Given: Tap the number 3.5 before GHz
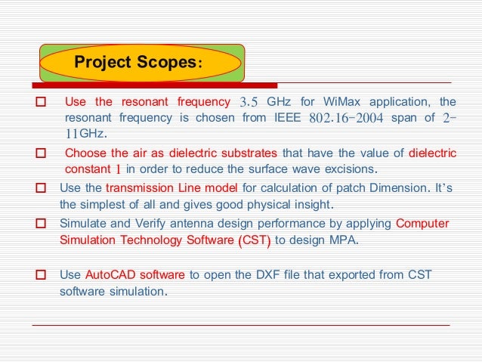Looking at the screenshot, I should click(249, 102).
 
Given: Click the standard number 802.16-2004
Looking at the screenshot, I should click(347, 118).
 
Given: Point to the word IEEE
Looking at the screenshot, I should click(287, 118).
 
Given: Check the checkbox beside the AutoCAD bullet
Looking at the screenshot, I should click(43, 275).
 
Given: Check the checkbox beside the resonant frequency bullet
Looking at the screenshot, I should click(42, 102).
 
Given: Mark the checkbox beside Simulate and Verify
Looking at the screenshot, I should click(43, 224).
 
